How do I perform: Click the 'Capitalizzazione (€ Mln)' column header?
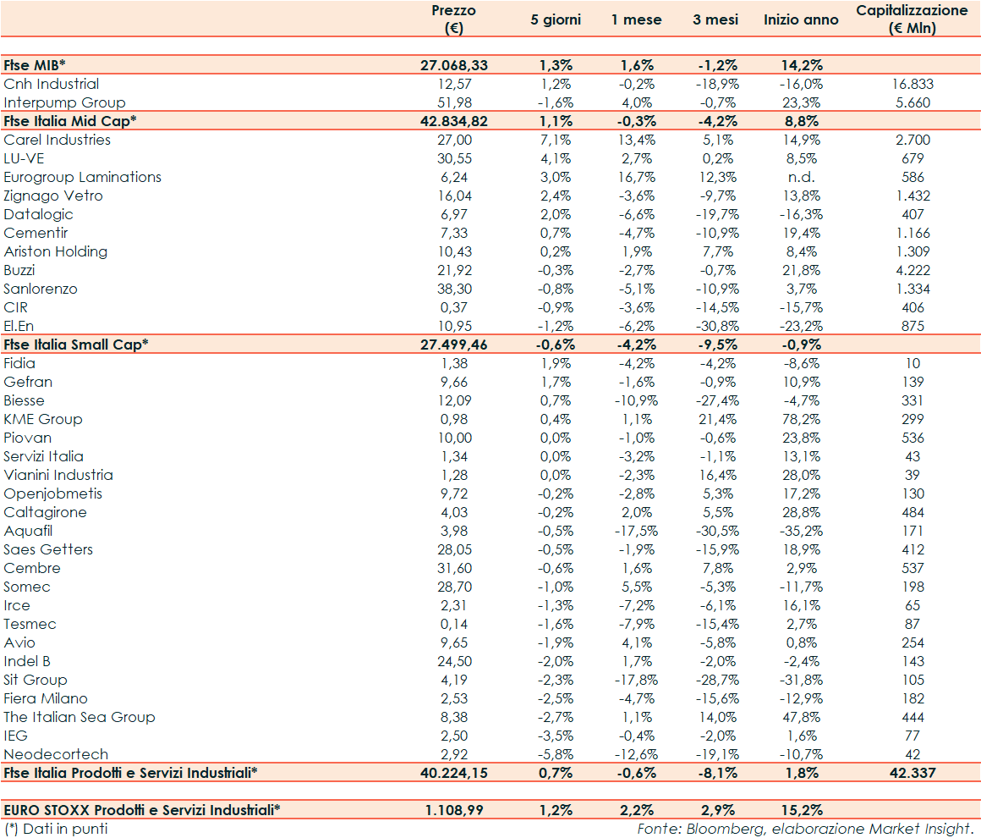(x=912, y=19)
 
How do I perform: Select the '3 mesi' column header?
(x=715, y=19)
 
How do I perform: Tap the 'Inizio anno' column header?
(x=801, y=19)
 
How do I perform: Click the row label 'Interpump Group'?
(x=64, y=102)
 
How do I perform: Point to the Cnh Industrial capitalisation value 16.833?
(x=912, y=84)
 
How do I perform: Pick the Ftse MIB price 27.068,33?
(x=454, y=65)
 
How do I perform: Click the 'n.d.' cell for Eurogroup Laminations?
(x=801, y=177)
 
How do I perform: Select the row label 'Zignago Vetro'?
(x=53, y=196)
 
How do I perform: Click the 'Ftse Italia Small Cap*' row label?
(x=76, y=345)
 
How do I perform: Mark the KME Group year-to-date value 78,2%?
(x=801, y=419)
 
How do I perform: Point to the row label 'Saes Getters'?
(x=48, y=549)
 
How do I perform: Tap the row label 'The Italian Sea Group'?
(x=79, y=717)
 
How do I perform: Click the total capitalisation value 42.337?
(x=912, y=773)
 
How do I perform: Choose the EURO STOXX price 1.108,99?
(x=454, y=810)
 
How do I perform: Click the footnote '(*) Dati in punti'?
(x=56, y=829)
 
